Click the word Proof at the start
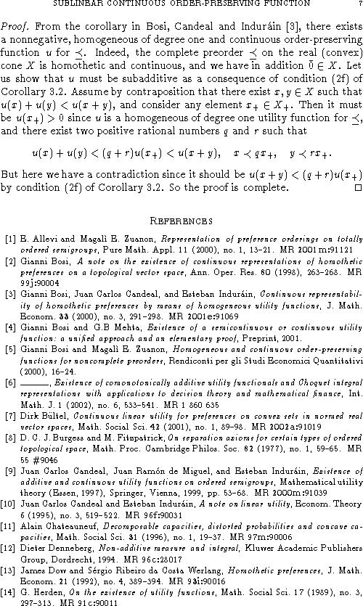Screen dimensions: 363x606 [x=15, y=24]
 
